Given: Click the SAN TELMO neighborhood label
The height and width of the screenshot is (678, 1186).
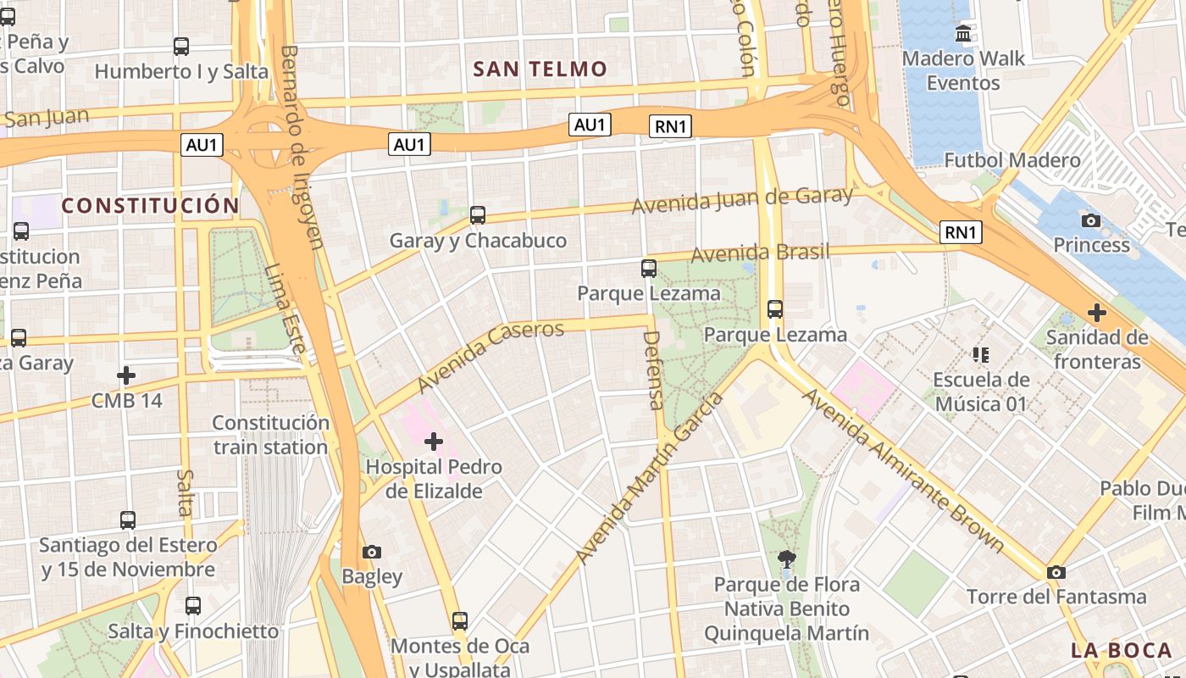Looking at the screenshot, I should (x=540, y=69).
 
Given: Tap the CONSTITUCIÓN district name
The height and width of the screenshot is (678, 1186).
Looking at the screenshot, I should (x=151, y=206).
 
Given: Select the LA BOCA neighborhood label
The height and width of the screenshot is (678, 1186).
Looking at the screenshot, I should (x=1121, y=651).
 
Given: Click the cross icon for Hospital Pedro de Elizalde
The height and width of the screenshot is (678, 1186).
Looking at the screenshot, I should (x=434, y=442).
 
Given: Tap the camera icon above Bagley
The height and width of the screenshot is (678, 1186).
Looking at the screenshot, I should (x=371, y=553).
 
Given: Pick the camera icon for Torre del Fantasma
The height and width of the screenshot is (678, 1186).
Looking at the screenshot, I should (x=1056, y=573).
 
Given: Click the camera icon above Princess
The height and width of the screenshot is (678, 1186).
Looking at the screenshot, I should (x=1091, y=221).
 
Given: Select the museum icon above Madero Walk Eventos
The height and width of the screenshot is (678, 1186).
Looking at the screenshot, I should (x=963, y=34).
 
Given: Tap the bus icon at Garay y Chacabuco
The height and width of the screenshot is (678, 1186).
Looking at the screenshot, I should (x=478, y=215).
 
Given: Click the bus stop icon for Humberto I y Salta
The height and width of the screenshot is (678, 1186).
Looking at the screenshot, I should (x=181, y=47).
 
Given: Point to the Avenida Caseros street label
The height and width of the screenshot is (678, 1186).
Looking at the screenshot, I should (x=490, y=356).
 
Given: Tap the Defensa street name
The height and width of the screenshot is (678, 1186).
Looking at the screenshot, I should (x=652, y=370).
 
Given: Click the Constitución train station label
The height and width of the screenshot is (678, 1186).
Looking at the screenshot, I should (x=270, y=435).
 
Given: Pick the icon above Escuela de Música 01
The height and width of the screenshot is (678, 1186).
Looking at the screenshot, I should (x=981, y=355).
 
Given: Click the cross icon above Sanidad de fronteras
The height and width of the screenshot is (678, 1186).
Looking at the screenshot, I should (x=1097, y=313).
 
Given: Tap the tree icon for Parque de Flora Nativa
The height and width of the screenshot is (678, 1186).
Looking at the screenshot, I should (x=786, y=559).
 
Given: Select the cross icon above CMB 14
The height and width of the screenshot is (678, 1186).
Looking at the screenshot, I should (x=126, y=375).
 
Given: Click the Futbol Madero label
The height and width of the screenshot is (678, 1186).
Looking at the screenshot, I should (x=1012, y=160).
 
